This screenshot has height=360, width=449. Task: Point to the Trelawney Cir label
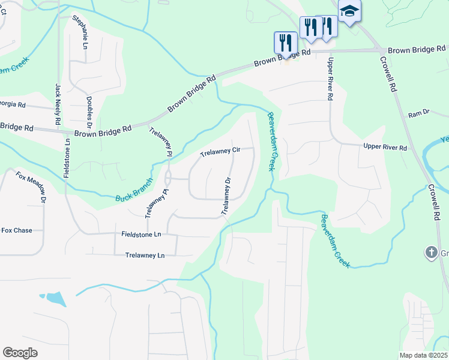[220, 152]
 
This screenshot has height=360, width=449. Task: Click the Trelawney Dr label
[226, 196]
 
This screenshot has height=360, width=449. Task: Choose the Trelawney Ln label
[145, 255]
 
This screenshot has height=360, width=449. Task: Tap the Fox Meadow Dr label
[31, 187]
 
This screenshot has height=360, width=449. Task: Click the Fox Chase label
[16, 230]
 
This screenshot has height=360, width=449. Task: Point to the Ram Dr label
[419, 113]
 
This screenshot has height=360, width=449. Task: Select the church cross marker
[430, 253]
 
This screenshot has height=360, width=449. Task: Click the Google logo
[20, 353]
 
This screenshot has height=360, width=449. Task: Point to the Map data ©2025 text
[423, 355]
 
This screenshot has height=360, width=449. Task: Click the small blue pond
[55, 298]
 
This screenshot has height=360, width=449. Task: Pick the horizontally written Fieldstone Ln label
[142, 235]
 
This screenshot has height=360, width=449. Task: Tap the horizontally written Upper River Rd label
[385, 148]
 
